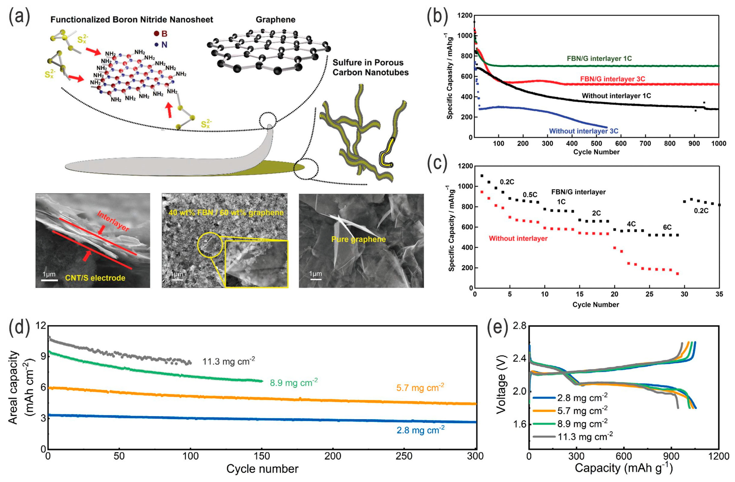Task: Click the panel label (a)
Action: click(19, 17)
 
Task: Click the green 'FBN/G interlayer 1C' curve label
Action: click(599, 58)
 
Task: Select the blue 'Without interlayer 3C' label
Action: click(583, 131)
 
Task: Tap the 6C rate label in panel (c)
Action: click(667, 227)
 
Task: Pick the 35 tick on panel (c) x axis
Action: click(719, 294)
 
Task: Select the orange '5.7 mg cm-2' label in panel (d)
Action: click(420, 387)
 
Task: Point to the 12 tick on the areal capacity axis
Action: click(40, 326)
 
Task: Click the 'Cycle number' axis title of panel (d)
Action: click(262, 469)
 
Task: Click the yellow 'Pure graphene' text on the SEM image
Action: click(358, 239)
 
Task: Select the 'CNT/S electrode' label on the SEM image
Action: click(95, 278)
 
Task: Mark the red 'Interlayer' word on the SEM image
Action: click(113, 221)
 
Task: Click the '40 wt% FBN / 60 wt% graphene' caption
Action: click(226, 213)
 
